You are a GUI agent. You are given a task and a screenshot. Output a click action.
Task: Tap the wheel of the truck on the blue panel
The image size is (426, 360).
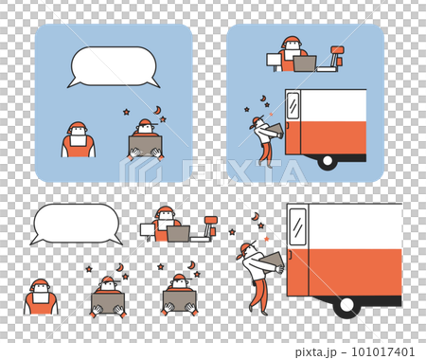(x=328, y=161)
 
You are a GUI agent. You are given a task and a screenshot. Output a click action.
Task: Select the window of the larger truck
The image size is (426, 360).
(x=298, y=226)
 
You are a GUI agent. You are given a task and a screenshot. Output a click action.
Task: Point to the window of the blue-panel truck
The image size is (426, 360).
(x=293, y=106)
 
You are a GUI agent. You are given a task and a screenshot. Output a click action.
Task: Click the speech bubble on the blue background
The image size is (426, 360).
(x=114, y=67)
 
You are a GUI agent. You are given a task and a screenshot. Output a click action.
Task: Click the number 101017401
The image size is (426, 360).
(x=382, y=351)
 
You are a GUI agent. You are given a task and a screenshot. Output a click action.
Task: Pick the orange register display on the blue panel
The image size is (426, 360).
(x=337, y=50)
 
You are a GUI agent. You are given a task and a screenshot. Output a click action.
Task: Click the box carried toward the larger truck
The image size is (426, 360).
(x=272, y=261)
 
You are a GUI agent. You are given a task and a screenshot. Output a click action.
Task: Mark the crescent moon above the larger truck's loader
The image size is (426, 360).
(x=256, y=217)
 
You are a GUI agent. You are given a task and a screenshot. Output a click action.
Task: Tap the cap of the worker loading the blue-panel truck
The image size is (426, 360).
(x=257, y=120)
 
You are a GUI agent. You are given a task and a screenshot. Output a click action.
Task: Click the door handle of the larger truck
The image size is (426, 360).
(x=290, y=255)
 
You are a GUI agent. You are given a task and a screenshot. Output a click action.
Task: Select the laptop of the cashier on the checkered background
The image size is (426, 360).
(x=178, y=234)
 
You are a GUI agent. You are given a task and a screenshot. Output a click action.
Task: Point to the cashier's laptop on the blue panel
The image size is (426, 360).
(x=305, y=63)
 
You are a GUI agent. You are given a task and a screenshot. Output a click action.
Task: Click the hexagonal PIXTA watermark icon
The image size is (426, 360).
(x=140, y=173)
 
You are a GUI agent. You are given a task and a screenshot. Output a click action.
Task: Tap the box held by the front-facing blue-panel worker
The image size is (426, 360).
(x=146, y=146)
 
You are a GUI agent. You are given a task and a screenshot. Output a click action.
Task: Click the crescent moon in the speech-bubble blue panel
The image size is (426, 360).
(x=157, y=110)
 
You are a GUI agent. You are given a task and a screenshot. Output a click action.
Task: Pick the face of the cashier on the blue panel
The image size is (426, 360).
(x=293, y=46)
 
